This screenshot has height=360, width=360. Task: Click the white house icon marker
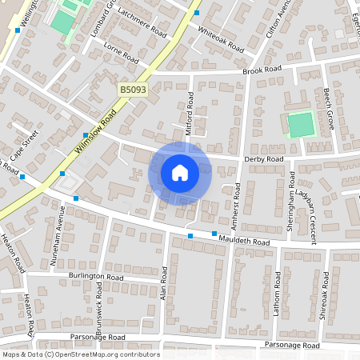pyautogui.click(x=180, y=173)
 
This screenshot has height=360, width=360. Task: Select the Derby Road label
pyautogui.click(x=264, y=159)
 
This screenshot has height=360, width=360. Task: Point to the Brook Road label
pyautogui.click(x=262, y=70)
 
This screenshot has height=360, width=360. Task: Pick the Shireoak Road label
pyautogui.click(x=325, y=295)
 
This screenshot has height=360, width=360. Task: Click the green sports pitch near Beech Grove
pyautogui.click(x=301, y=125)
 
